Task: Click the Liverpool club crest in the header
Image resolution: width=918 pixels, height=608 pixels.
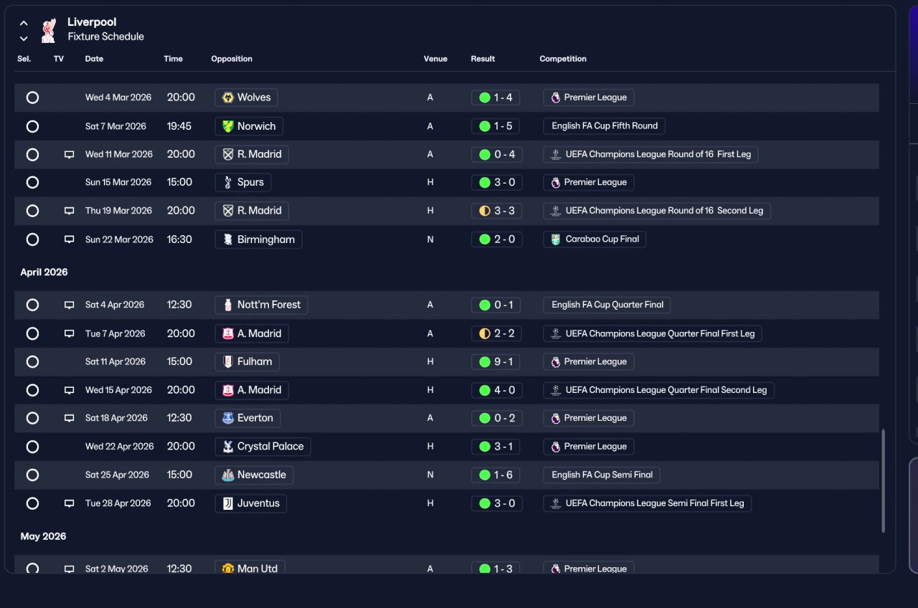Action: (x=49, y=30)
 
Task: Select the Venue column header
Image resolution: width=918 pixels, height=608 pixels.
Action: (x=435, y=59)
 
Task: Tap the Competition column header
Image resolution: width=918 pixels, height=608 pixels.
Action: (x=563, y=59)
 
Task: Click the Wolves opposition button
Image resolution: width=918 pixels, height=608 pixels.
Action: (x=246, y=98)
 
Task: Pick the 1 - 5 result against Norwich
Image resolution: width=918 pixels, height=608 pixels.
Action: (x=496, y=126)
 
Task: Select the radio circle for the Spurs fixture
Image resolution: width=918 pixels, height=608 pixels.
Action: (x=32, y=182)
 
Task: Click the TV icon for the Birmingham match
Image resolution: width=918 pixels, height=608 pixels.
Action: (x=70, y=239)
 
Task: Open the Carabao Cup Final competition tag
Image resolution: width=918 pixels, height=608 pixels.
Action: (x=595, y=239)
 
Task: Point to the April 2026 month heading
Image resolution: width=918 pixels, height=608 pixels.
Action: (x=44, y=272)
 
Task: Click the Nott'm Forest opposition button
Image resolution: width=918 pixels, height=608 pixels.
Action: (x=261, y=305)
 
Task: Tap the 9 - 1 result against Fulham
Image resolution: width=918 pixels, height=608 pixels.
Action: (x=496, y=362)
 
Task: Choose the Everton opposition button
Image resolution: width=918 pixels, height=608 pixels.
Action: (x=247, y=418)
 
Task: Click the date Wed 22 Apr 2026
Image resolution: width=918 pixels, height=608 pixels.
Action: (x=119, y=446)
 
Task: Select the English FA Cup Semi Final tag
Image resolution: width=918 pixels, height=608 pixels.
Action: (x=602, y=475)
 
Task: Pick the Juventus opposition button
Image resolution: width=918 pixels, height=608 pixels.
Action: (x=250, y=503)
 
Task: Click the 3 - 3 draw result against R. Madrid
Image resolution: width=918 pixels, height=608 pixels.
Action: (x=497, y=211)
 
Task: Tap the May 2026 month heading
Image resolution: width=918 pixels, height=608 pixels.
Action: (x=43, y=536)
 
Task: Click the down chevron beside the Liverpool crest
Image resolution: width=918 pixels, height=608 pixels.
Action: (x=24, y=39)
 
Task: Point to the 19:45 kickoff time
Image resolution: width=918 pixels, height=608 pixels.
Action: (x=179, y=126)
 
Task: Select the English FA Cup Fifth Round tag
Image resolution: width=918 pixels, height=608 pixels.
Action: (x=604, y=126)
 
